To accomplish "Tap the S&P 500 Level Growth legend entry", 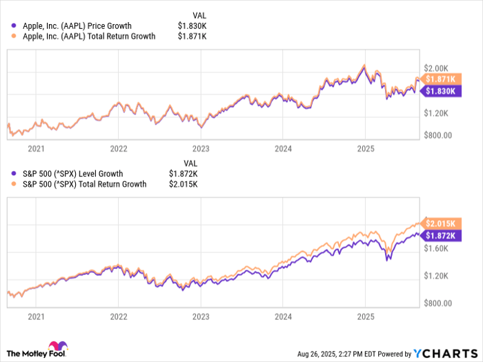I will point(72,174).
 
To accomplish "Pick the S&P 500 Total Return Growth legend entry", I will point(84,184).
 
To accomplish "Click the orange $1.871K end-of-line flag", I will point(440,80).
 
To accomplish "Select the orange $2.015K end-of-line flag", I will point(440,224).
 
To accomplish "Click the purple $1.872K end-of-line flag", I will point(440,235).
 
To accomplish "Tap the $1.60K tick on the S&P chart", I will point(437,248).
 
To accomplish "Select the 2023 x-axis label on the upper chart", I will point(200,148).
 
